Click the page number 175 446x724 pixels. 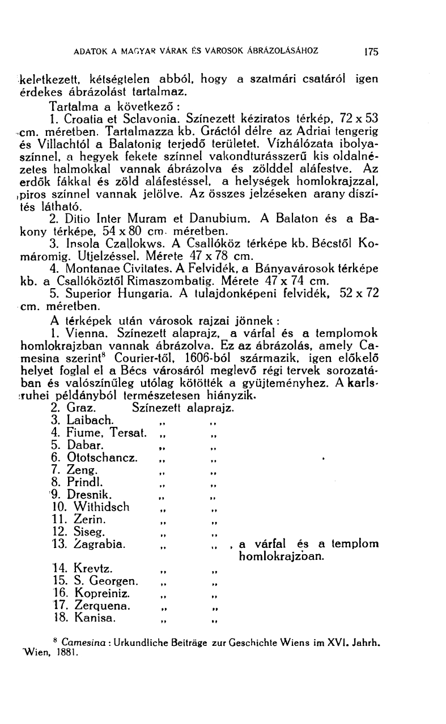pos(371,51)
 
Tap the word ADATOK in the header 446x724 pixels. pos(90,50)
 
